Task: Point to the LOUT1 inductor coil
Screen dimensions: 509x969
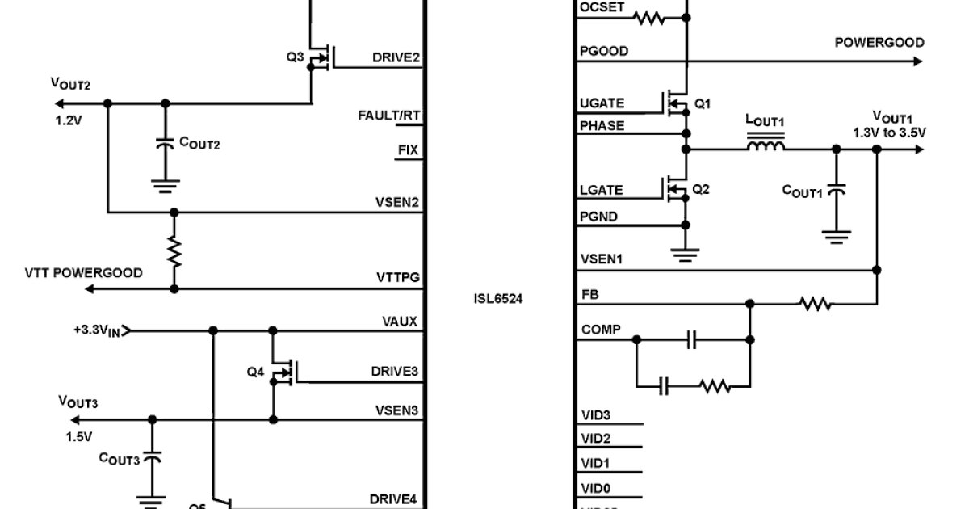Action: point(764,146)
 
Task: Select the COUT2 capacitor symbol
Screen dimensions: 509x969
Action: point(166,144)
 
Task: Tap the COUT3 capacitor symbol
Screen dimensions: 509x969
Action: point(151,458)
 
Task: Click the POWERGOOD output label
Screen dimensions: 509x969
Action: point(879,43)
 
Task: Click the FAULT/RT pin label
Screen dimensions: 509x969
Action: point(389,116)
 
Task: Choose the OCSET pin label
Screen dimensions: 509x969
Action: point(601,7)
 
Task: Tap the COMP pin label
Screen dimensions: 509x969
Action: point(598,329)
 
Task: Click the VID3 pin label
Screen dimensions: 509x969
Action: point(595,415)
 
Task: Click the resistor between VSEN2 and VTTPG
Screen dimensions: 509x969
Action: point(174,250)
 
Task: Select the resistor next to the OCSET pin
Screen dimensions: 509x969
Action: point(649,18)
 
